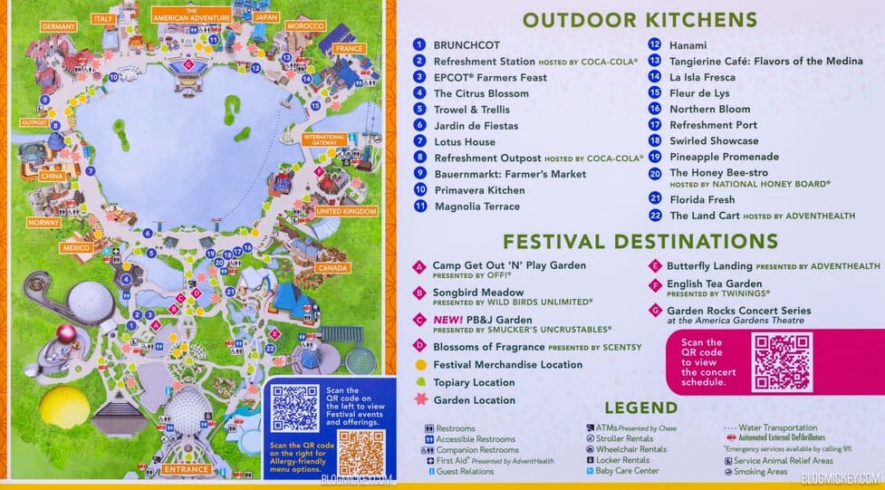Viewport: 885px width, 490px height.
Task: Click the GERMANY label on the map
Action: (x=58, y=27)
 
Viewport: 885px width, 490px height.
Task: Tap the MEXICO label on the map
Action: (x=78, y=247)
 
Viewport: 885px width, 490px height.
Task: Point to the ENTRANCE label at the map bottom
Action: (x=188, y=469)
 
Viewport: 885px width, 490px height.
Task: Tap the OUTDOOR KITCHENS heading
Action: (x=639, y=20)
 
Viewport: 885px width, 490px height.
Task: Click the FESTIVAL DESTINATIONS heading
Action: (x=640, y=241)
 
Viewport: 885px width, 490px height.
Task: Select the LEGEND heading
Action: (x=640, y=408)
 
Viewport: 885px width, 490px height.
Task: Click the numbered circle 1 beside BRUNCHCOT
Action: (x=418, y=44)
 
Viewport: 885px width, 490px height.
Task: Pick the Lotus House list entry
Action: (x=465, y=142)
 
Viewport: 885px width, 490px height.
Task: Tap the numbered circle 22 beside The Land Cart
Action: (x=654, y=216)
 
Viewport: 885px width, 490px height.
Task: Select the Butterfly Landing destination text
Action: (x=709, y=266)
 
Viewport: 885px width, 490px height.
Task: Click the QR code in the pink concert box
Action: (x=784, y=361)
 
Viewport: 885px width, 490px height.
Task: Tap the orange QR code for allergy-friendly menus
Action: (x=361, y=452)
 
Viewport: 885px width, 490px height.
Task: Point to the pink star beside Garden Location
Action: (x=419, y=399)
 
